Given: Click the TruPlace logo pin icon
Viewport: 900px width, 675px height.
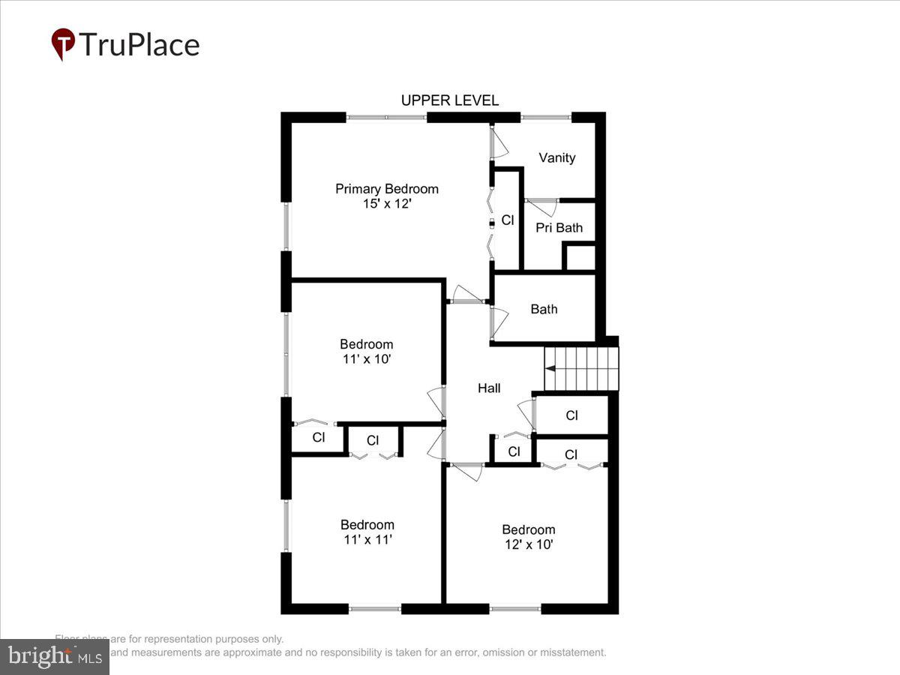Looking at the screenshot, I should click(63, 44).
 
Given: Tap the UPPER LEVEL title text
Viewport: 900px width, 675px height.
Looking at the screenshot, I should click(449, 100).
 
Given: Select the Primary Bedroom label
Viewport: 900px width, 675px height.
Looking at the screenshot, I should click(386, 189).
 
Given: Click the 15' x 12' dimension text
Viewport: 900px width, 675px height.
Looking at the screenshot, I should click(386, 204).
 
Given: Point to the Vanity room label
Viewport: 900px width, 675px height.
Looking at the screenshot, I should click(557, 157).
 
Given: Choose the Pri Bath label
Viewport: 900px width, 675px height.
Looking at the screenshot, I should click(559, 228).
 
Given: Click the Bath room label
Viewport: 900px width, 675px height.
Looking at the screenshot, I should click(544, 309).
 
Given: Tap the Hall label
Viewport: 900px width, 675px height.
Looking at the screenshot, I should click(489, 388).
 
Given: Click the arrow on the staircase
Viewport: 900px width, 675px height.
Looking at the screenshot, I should click(550, 368).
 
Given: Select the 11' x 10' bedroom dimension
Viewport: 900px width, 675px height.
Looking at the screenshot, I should click(366, 359).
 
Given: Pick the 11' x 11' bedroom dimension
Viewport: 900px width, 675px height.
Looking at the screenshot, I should click(367, 539).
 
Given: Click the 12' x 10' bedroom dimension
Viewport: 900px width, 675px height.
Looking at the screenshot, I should click(529, 544).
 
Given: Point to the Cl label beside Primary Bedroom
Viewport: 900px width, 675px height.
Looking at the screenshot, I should click(508, 220).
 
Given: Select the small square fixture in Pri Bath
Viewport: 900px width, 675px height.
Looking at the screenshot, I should click(578, 257).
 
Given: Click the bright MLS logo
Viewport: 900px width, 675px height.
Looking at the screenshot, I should click(54, 656).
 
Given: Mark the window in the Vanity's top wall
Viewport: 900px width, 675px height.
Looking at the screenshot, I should click(546, 118).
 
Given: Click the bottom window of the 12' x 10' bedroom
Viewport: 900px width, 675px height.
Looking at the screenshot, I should click(515, 608).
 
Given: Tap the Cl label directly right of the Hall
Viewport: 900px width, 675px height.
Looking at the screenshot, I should click(571, 415).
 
